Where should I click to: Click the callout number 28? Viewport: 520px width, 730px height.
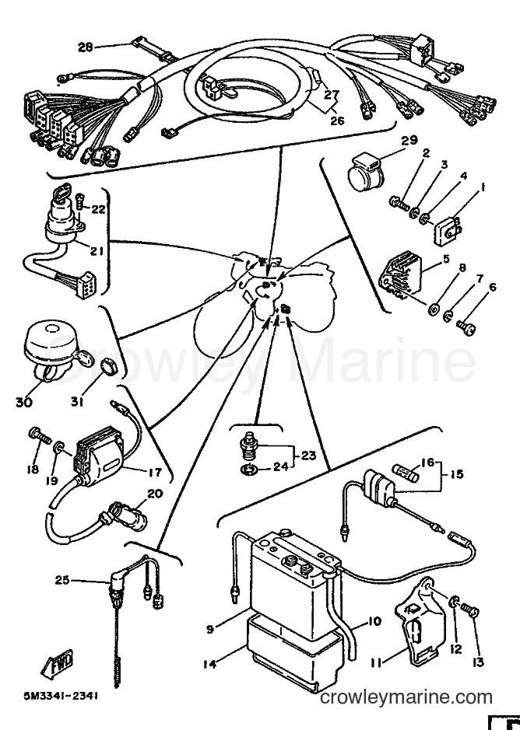click(86, 47)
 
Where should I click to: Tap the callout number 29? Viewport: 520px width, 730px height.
click(409, 140)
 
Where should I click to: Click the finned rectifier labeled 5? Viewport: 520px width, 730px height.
click(400, 275)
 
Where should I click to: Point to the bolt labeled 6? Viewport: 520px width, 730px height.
click(466, 327)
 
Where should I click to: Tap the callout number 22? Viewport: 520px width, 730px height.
click(98, 209)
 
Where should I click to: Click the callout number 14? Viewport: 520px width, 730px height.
click(210, 664)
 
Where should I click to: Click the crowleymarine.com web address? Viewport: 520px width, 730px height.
click(406, 697)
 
